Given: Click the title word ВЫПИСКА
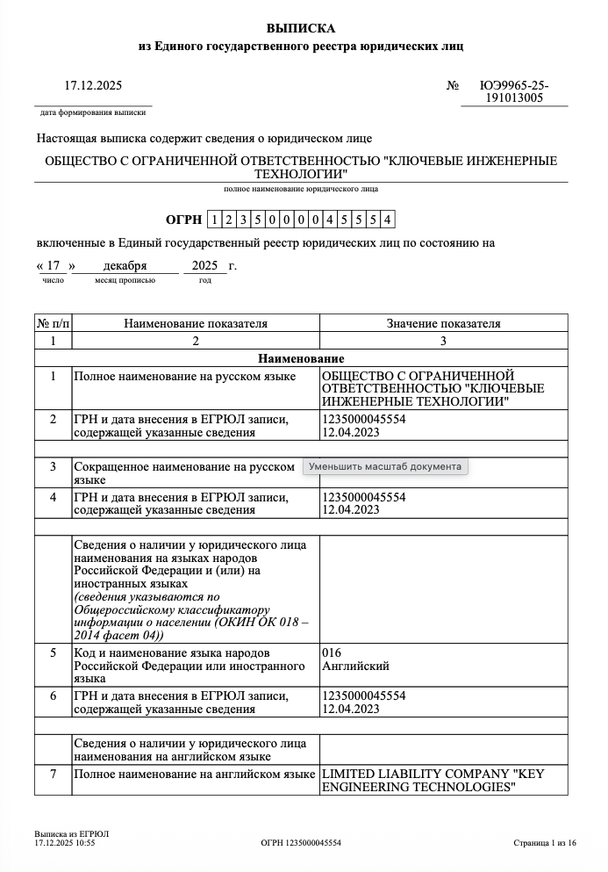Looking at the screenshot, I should [x=301, y=28].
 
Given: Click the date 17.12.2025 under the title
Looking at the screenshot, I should [x=93, y=86].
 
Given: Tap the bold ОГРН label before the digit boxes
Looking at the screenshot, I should [x=183, y=220].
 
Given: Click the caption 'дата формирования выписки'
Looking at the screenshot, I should [x=93, y=113].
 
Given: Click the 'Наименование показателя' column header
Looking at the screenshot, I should [x=196, y=323].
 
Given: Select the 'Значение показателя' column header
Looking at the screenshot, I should [x=443, y=323].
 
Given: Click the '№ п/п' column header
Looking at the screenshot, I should [x=53, y=323].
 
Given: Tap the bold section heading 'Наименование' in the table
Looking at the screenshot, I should [x=301, y=358].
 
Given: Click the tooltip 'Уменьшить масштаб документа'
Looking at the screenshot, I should [x=385, y=466].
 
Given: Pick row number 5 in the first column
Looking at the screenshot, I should [x=53, y=653].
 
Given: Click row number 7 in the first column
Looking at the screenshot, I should [x=53, y=774].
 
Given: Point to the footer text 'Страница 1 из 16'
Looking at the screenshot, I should [x=545, y=843].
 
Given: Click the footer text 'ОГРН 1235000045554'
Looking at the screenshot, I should [x=301, y=843].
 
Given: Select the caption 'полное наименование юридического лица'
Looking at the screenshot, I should [x=301, y=189].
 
